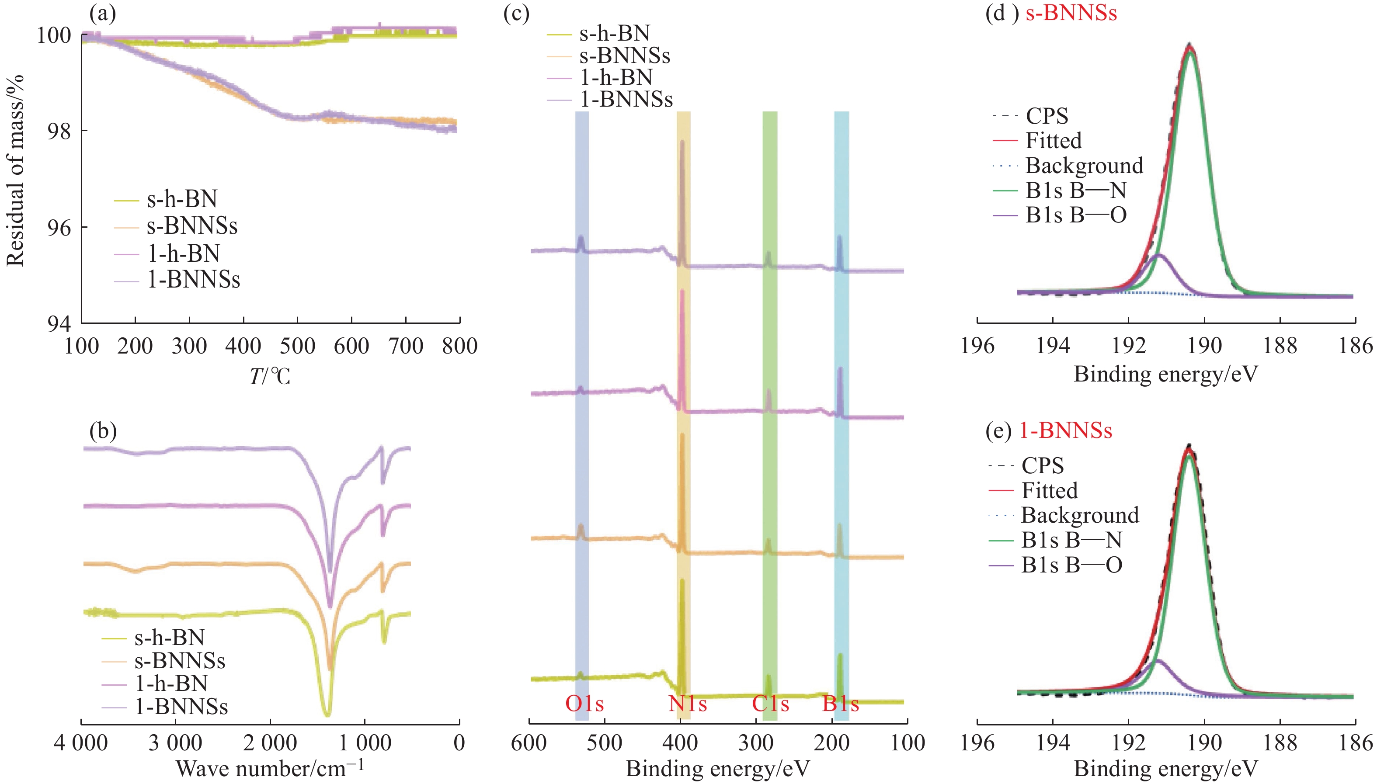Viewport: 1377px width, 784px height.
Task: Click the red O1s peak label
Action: (584, 703)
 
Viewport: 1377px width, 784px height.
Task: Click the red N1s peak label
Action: (687, 703)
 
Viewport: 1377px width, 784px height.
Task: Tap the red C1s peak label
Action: (770, 703)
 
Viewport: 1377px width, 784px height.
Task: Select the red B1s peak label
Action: (840, 703)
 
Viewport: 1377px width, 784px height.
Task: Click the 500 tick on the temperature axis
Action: (297, 346)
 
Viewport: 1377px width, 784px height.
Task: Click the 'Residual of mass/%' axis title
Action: (15, 170)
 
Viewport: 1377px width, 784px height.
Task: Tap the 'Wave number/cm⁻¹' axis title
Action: (270, 768)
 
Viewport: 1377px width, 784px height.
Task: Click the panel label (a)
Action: (103, 14)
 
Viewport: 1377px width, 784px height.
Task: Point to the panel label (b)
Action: (103, 431)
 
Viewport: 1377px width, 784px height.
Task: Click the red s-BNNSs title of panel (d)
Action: (1071, 13)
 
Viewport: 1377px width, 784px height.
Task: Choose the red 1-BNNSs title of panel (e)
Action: (1066, 431)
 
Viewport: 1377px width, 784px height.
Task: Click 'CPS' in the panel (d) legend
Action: (1047, 116)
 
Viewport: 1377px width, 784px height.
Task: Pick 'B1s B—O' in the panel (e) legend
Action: (1072, 565)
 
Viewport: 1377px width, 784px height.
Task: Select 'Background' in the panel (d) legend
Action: (1084, 165)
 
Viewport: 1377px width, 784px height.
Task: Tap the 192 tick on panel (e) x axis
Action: (1128, 743)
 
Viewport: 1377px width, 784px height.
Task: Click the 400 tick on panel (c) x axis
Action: (681, 743)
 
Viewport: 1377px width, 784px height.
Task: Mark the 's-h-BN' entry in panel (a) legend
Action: (182, 199)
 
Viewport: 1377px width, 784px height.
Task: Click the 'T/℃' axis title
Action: (269, 376)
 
